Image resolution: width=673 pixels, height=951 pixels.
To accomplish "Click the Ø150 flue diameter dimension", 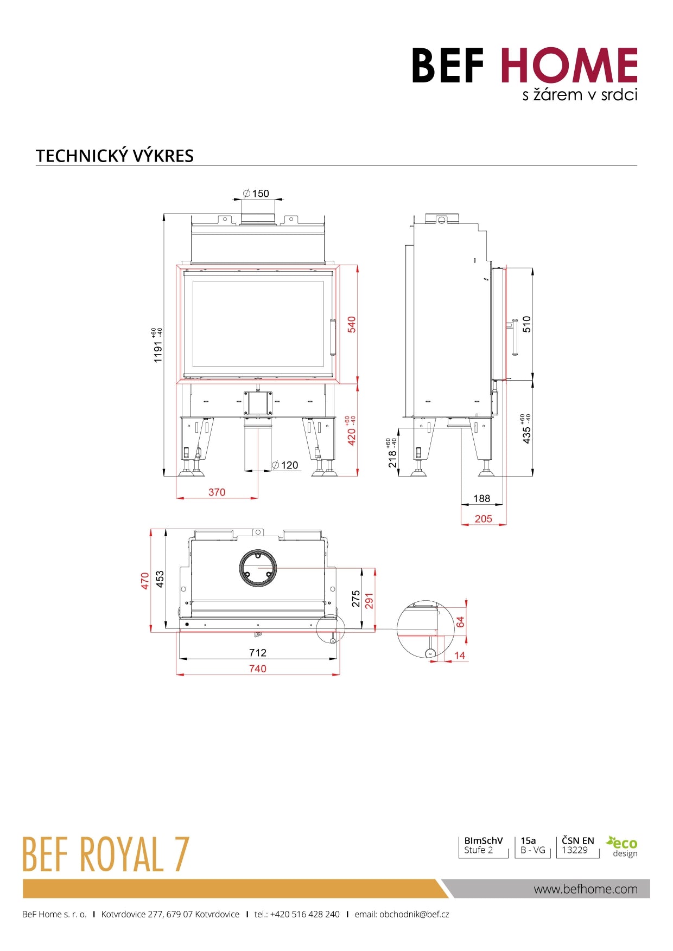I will tap(256, 194).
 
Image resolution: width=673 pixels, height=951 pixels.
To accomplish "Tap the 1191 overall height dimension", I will tap(158, 351).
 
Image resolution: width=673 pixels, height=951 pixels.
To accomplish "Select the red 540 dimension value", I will tap(352, 324).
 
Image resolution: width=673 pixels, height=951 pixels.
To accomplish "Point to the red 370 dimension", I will tap(217, 492).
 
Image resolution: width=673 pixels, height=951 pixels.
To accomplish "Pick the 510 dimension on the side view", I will tap(526, 324).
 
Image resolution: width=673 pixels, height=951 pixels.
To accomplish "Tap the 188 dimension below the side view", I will tap(481, 498).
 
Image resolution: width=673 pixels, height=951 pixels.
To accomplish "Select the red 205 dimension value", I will tap(483, 519).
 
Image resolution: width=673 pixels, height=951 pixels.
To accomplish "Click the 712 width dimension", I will tap(258, 653).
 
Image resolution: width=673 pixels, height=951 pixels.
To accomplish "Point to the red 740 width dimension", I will tap(258, 669).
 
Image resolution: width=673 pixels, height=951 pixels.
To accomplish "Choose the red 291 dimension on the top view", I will tap(369, 601).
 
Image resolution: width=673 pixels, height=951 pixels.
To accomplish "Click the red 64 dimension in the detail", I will tap(460, 622).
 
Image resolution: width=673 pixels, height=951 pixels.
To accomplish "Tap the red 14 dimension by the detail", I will tap(460, 656).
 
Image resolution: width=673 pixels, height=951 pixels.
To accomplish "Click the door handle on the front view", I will tap(333, 337).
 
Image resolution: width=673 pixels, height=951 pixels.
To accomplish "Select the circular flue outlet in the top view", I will tap(258, 568).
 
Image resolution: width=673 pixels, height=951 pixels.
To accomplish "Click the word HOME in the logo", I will tap(569, 66).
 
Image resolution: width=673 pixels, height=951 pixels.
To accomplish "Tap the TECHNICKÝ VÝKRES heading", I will tap(115, 156).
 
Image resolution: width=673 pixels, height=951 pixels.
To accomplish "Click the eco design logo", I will tap(623, 847).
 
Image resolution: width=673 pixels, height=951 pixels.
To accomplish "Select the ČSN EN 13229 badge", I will tap(577, 845).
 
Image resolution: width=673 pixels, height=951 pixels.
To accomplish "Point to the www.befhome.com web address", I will tap(586, 889).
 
